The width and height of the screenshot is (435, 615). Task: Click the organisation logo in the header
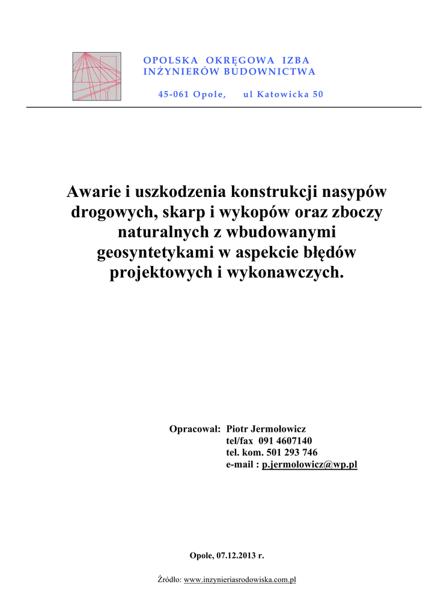(x=97, y=76)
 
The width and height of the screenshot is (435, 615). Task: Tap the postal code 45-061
(x=173, y=94)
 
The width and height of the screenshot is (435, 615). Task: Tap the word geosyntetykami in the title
(x=156, y=253)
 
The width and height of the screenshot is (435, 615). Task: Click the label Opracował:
(x=195, y=429)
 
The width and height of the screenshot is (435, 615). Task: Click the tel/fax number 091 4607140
(x=285, y=441)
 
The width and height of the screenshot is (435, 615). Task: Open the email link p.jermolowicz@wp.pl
(x=309, y=465)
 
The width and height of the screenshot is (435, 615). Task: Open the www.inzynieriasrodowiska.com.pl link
(x=240, y=580)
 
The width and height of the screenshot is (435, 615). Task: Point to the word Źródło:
(x=169, y=580)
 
